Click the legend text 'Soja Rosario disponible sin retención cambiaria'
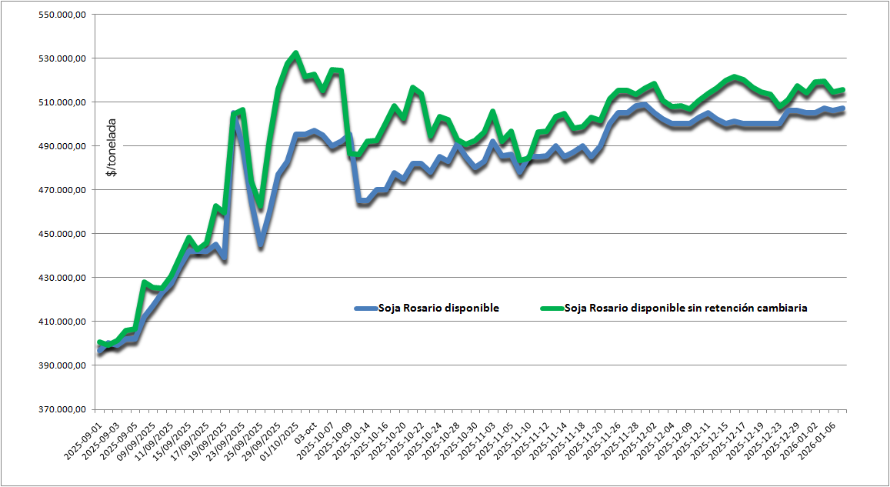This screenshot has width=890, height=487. click(x=685, y=308)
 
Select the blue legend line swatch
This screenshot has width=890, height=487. click(x=365, y=308)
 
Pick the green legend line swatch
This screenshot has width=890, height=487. click(x=552, y=308)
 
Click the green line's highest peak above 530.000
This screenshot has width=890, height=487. click(x=295, y=53)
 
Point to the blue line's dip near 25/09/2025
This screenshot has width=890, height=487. click(x=261, y=245)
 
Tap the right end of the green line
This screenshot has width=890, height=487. click(x=843, y=90)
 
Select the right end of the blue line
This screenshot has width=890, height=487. click(x=843, y=108)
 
